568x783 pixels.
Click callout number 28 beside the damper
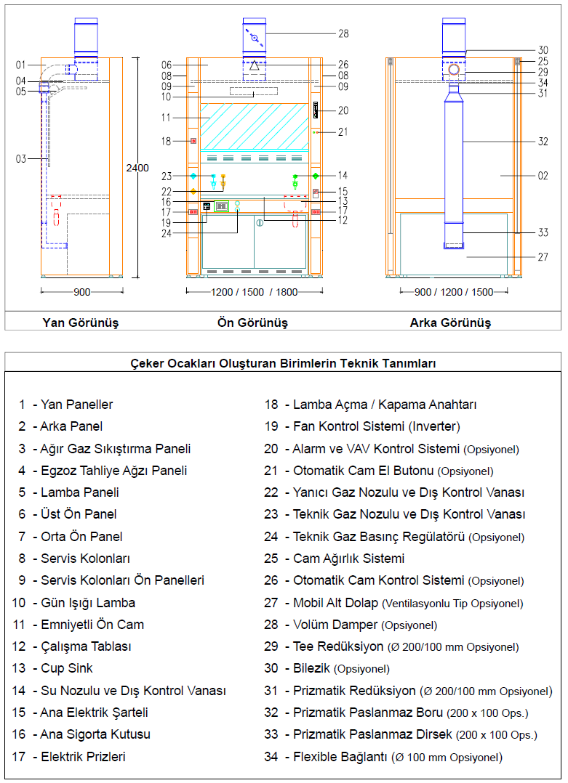[x=343, y=33]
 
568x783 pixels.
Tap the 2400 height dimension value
[x=137, y=168]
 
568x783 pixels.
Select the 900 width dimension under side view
[x=81, y=292]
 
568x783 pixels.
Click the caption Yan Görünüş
[x=80, y=322]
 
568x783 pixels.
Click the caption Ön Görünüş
[x=252, y=322]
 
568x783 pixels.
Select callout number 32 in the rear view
[x=543, y=142]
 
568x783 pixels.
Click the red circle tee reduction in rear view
[x=454, y=70]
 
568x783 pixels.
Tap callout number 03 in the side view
[x=21, y=158]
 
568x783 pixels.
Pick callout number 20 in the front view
[x=343, y=111]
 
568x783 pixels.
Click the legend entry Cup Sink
[x=66, y=668]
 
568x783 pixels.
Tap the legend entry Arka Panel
[x=71, y=426]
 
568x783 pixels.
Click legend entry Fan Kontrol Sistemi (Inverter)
[x=376, y=426]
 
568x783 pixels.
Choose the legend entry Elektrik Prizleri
[x=83, y=757]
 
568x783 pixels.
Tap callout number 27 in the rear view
[x=543, y=257]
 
